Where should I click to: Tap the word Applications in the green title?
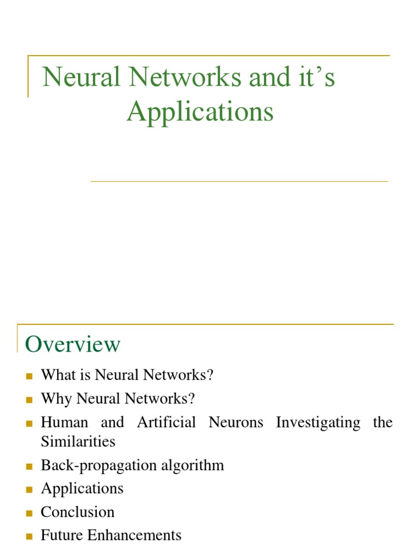click(200, 112)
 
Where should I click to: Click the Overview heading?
click(72, 344)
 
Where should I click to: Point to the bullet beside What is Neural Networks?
click(29, 376)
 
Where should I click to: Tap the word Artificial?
click(167, 422)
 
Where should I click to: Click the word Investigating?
click(318, 422)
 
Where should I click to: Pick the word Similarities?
click(78, 441)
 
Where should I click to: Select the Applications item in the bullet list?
click(82, 489)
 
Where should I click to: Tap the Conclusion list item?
click(78, 512)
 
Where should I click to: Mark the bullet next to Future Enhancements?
click(29, 536)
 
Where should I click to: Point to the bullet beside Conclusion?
click(29, 513)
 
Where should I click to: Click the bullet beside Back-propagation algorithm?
click(29, 466)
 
